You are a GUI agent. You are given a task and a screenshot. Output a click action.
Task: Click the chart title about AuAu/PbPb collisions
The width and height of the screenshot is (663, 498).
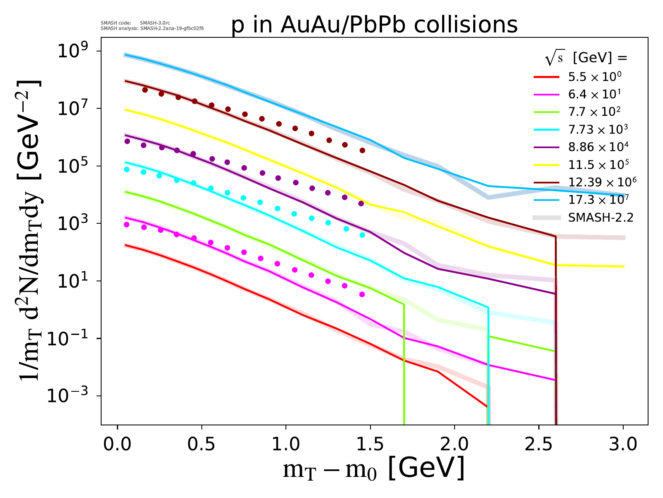pos(375,25)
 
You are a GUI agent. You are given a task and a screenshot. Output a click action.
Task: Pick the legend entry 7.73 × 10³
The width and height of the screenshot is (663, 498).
pos(598,129)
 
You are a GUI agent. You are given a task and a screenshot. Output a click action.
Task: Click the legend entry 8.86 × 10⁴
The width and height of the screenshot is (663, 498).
pos(598,147)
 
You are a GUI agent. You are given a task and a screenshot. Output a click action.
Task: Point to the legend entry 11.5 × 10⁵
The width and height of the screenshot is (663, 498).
pos(599,165)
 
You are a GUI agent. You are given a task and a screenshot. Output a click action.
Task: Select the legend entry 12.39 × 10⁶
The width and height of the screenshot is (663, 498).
pos(602,182)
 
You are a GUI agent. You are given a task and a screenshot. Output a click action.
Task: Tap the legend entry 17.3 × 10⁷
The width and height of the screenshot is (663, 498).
pos(599,200)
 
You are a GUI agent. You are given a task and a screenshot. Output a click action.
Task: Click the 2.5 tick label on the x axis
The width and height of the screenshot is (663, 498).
pos(539,444)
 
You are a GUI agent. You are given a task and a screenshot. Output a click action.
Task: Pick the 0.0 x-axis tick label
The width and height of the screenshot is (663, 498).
pos(118,444)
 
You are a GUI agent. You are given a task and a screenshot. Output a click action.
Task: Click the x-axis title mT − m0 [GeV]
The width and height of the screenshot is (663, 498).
pos(373,469)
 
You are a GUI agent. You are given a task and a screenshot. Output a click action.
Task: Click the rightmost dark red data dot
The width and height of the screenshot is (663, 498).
pos(363,150)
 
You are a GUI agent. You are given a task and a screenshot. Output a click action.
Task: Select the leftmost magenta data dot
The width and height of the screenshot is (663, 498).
pos(127,225)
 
